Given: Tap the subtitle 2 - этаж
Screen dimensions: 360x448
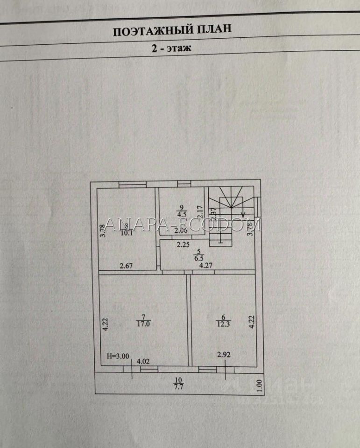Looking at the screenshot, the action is tap(171, 49).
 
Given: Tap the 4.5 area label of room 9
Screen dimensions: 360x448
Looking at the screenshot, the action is tap(181, 214).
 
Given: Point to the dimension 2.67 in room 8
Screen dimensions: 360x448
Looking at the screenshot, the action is tap(127, 266).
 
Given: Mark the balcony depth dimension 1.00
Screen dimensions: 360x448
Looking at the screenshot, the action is tap(260, 386).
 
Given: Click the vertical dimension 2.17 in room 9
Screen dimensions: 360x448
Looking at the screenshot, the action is tap(199, 213).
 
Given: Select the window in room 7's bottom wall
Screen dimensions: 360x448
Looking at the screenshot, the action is tap(148, 369).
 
